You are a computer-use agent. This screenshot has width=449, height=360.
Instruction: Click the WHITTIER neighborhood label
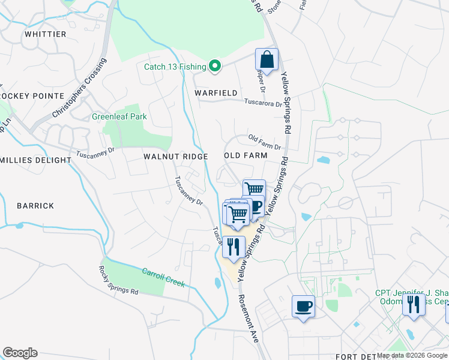pyautogui.click(x=45, y=34)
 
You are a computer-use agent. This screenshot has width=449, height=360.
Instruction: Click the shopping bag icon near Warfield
pyautogui.click(x=267, y=60)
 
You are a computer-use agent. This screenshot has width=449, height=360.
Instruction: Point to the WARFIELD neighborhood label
pyautogui.click(x=216, y=93)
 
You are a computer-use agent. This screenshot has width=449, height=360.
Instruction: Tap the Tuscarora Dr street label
pyautogui.click(x=263, y=103)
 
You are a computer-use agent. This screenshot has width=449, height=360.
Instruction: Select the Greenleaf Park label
pyautogui.click(x=119, y=116)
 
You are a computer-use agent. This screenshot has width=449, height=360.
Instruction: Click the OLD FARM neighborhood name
pyautogui.click(x=245, y=155)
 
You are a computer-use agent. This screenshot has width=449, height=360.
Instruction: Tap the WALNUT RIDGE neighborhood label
pyautogui.click(x=175, y=156)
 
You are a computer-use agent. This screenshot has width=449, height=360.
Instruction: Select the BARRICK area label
pyautogui.click(x=35, y=206)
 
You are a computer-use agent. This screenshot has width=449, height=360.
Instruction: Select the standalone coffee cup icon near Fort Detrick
pyautogui.click(x=303, y=306)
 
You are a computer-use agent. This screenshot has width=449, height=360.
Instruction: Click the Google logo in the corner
pyautogui.click(x=20, y=353)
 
